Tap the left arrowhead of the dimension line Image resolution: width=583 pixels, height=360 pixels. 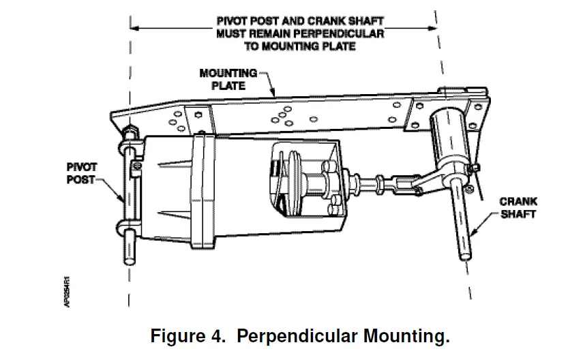coord(134,28)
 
